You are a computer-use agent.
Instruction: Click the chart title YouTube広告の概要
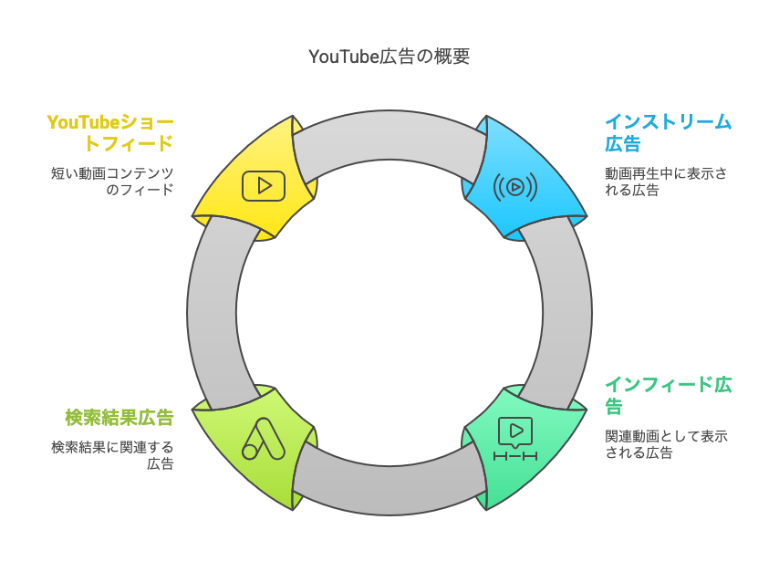(x=389, y=57)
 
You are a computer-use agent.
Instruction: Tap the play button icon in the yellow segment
(x=264, y=186)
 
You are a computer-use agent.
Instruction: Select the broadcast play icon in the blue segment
(x=515, y=187)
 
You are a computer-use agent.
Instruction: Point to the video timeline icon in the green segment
(x=515, y=439)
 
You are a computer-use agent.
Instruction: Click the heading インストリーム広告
(x=668, y=132)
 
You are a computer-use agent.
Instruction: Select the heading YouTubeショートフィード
(x=110, y=132)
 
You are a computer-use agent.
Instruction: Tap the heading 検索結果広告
(x=119, y=417)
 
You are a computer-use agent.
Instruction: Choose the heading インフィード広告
(x=668, y=394)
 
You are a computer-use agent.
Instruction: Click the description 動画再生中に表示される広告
(x=666, y=182)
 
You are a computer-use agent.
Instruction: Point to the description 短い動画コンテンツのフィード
(x=112, y=182)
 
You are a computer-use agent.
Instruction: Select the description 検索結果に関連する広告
(x=112, y=454)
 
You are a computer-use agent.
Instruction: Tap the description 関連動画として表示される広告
(x=666, y=444)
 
